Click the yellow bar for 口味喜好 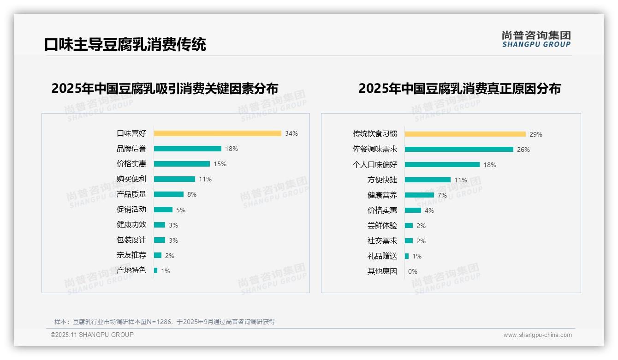coord(217,133)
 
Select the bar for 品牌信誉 coord(187,149)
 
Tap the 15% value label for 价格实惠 coord(220,164)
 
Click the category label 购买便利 coord(131,179)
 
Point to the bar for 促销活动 coord(163,210)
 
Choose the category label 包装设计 coord(131,240)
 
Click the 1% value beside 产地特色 coord(165,271)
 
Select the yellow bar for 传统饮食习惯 coord(465,134)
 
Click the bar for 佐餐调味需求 coord(459,150)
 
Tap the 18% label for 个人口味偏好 coord(490,165)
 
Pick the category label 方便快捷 coord(382,180)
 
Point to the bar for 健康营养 coord(419,195)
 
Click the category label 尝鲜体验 coord(382,226)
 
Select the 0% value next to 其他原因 coord(412,271)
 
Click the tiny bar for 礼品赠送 coord(407,256)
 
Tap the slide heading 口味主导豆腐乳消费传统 coord(125,44)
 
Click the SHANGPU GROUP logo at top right coord(536,39)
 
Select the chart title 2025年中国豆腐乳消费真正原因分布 coord(459,88)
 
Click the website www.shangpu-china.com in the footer coord(537,335)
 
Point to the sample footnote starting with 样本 coord(165,322)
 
